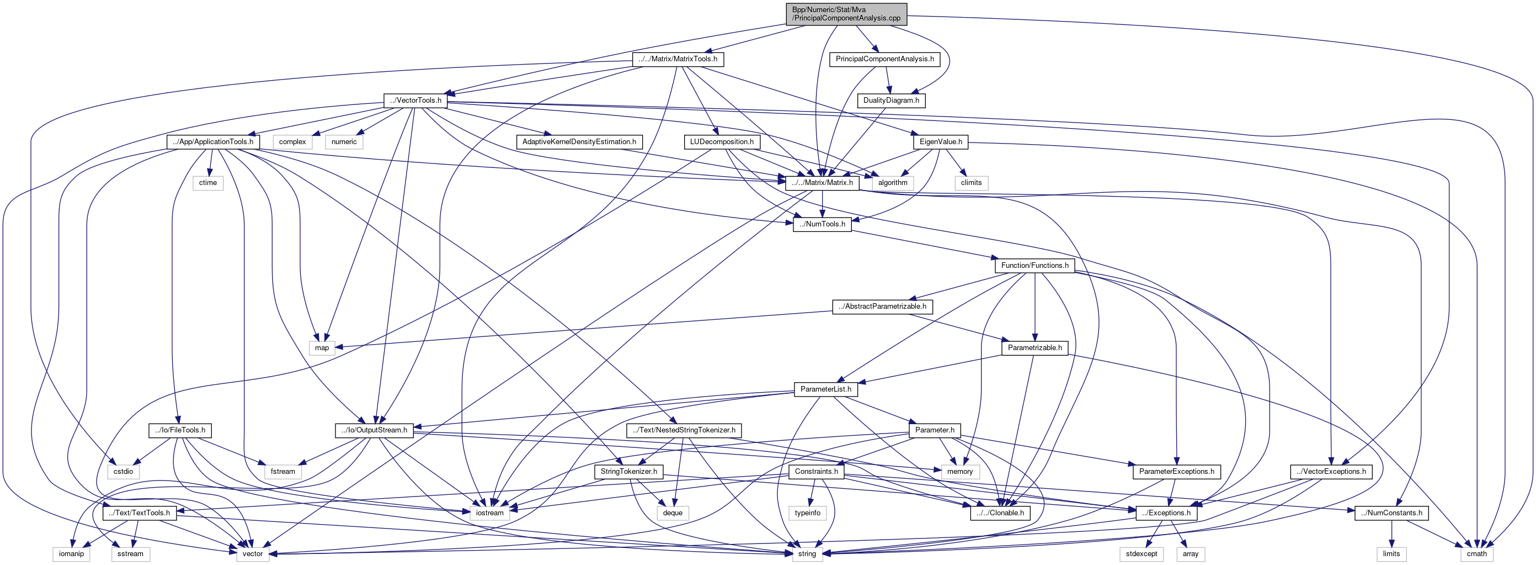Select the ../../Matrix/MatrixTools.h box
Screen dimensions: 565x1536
678,59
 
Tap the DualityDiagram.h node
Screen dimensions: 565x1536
891,100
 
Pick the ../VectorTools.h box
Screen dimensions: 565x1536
415,100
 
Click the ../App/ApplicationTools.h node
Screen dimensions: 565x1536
213,142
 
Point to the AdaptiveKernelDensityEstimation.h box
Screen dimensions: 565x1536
578,142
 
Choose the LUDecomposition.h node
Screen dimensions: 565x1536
722,142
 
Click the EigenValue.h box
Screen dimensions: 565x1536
940,142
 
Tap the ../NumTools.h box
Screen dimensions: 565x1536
822,224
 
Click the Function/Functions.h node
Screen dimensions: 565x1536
1034,266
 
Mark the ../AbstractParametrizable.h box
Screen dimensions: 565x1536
882,307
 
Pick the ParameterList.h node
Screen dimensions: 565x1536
825,389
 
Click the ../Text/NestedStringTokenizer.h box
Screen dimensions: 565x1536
684,430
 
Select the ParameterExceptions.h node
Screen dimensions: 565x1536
1176,471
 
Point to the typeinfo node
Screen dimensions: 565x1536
807,513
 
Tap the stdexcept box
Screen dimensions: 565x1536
1142,553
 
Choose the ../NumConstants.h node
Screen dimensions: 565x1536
1391,513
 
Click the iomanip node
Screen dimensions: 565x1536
72,553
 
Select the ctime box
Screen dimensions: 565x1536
207,183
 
